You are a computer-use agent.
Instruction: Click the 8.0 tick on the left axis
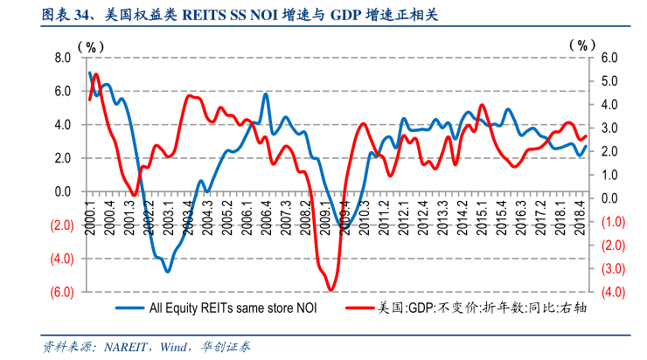[x=62, y=58]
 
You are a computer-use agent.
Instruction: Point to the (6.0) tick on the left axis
[x=60, y=292]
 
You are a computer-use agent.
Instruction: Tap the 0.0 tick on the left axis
[x=62, y=191]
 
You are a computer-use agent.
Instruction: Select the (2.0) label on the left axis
[x=60, y=225]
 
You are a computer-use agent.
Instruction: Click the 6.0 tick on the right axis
[x=609, y=58]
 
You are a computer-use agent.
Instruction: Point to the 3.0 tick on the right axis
[x=609, y=128]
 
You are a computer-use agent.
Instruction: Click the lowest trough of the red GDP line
[x=331, y=289]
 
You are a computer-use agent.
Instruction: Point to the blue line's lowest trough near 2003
[x=167, y=271]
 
